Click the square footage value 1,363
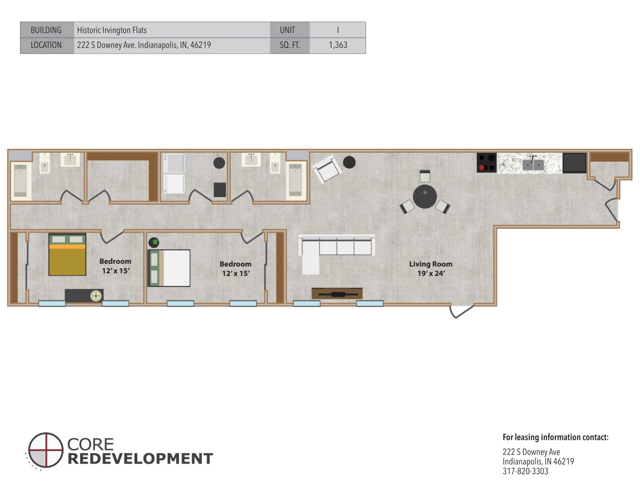(x=338, y=45)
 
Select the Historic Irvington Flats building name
(x=112, y=30)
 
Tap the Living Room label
(x=431, y=264)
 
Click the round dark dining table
(x=425, y=196)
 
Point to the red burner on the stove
(x=482, y=167)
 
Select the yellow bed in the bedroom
(x=67, y=255)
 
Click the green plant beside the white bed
(x=154, y=242)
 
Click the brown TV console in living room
(x=337, y=293)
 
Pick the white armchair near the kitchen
(x=327, y=169)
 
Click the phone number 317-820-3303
(x=525, y=471)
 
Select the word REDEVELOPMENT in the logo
(x=140, y=459)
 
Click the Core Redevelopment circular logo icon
(x=45, y=450)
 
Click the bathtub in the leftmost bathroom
(x=21, y=180)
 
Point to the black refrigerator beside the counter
(x=574, y=163)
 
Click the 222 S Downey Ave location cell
(x=144, y=45)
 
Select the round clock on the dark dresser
(x=96, y=296)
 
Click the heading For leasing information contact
(x=555, y=437)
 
